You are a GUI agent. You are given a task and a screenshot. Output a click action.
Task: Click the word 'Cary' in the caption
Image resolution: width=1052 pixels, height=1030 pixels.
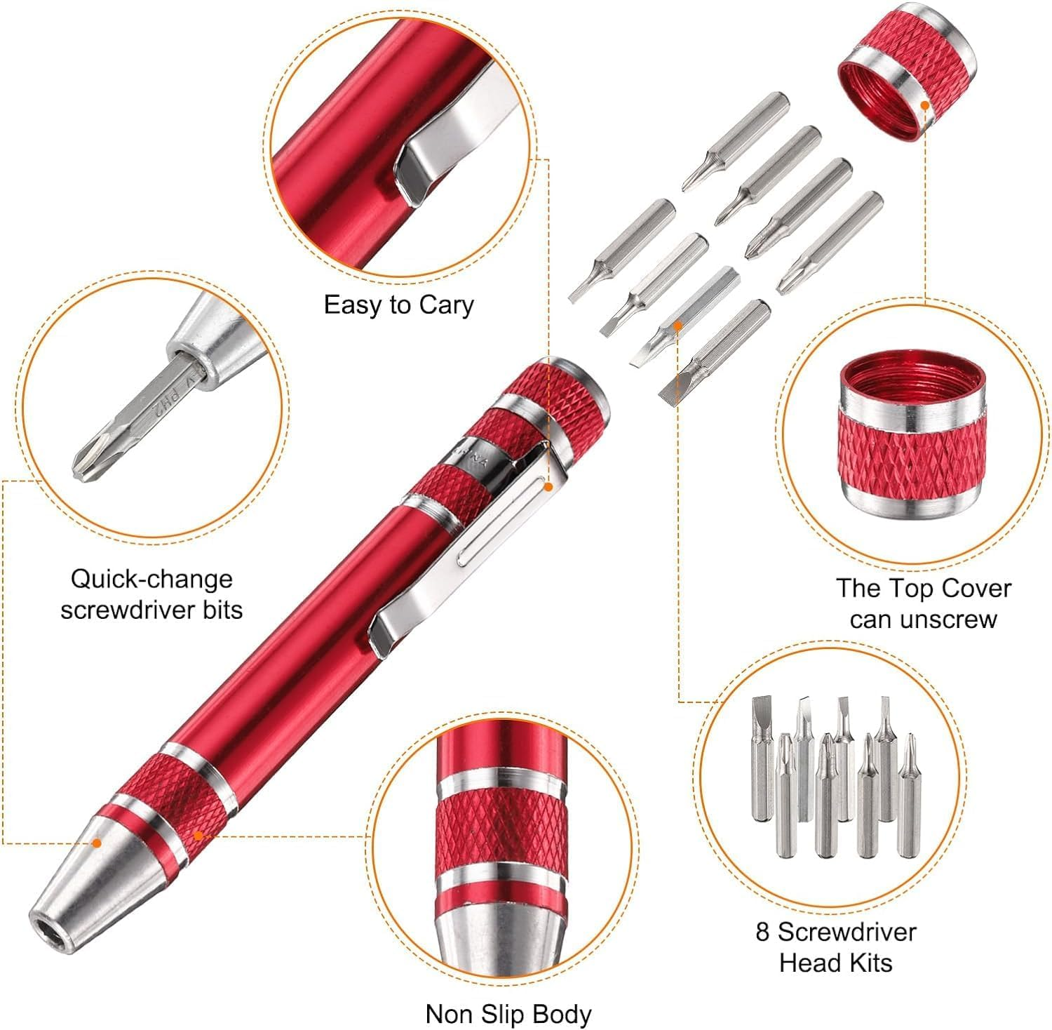tap(446, 305)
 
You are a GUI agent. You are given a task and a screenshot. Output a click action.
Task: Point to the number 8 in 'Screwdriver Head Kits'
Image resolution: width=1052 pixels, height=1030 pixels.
tap(763, 932)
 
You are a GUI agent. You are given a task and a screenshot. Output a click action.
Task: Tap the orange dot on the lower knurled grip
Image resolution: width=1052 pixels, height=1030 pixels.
tap(198, 836)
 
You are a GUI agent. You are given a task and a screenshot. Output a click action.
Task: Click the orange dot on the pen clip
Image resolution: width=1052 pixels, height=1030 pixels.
tap(549, 486)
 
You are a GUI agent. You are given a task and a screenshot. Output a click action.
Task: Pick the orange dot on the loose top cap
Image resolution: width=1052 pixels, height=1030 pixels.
tap(925, 105)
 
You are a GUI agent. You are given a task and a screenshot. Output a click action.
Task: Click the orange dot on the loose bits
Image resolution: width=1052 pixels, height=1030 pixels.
tap(678, 326)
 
